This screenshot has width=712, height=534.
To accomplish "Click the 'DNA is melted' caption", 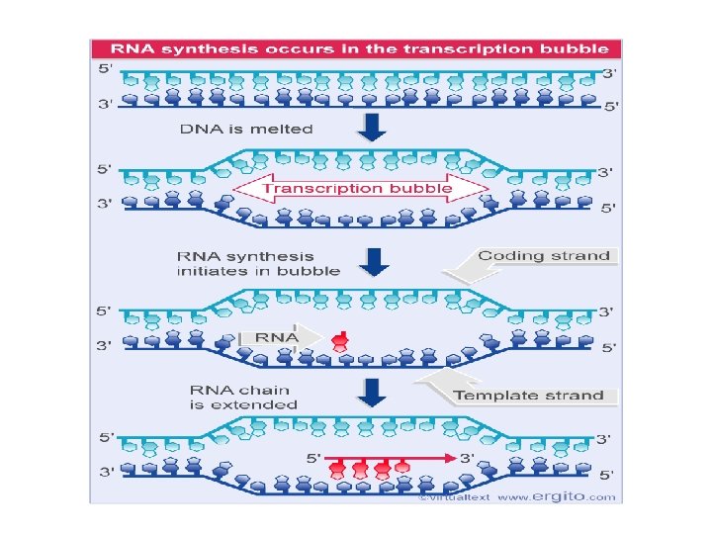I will (246, 129).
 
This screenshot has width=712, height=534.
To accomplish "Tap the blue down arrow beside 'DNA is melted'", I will (373, 128).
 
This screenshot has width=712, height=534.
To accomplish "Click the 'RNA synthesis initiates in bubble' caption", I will (259, 263).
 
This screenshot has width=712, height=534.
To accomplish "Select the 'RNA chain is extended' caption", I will (244, 397).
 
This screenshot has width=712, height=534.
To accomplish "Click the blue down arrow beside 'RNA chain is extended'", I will (373, 393).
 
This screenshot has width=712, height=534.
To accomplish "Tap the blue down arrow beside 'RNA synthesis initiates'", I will (373, 262).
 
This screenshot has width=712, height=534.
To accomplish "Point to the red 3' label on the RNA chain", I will (466, 459).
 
